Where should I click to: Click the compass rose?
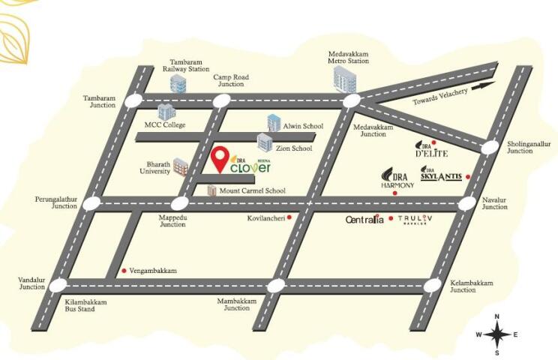point(496,334)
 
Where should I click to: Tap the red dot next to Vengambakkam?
point(124,270)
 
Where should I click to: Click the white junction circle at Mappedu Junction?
point(179,203)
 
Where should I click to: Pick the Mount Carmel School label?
point(251,191)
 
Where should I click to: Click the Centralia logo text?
point(364,220)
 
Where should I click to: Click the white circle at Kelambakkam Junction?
point(433,285)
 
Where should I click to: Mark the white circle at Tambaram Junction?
point(134,100)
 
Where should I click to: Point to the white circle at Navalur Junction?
point(468,202)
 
